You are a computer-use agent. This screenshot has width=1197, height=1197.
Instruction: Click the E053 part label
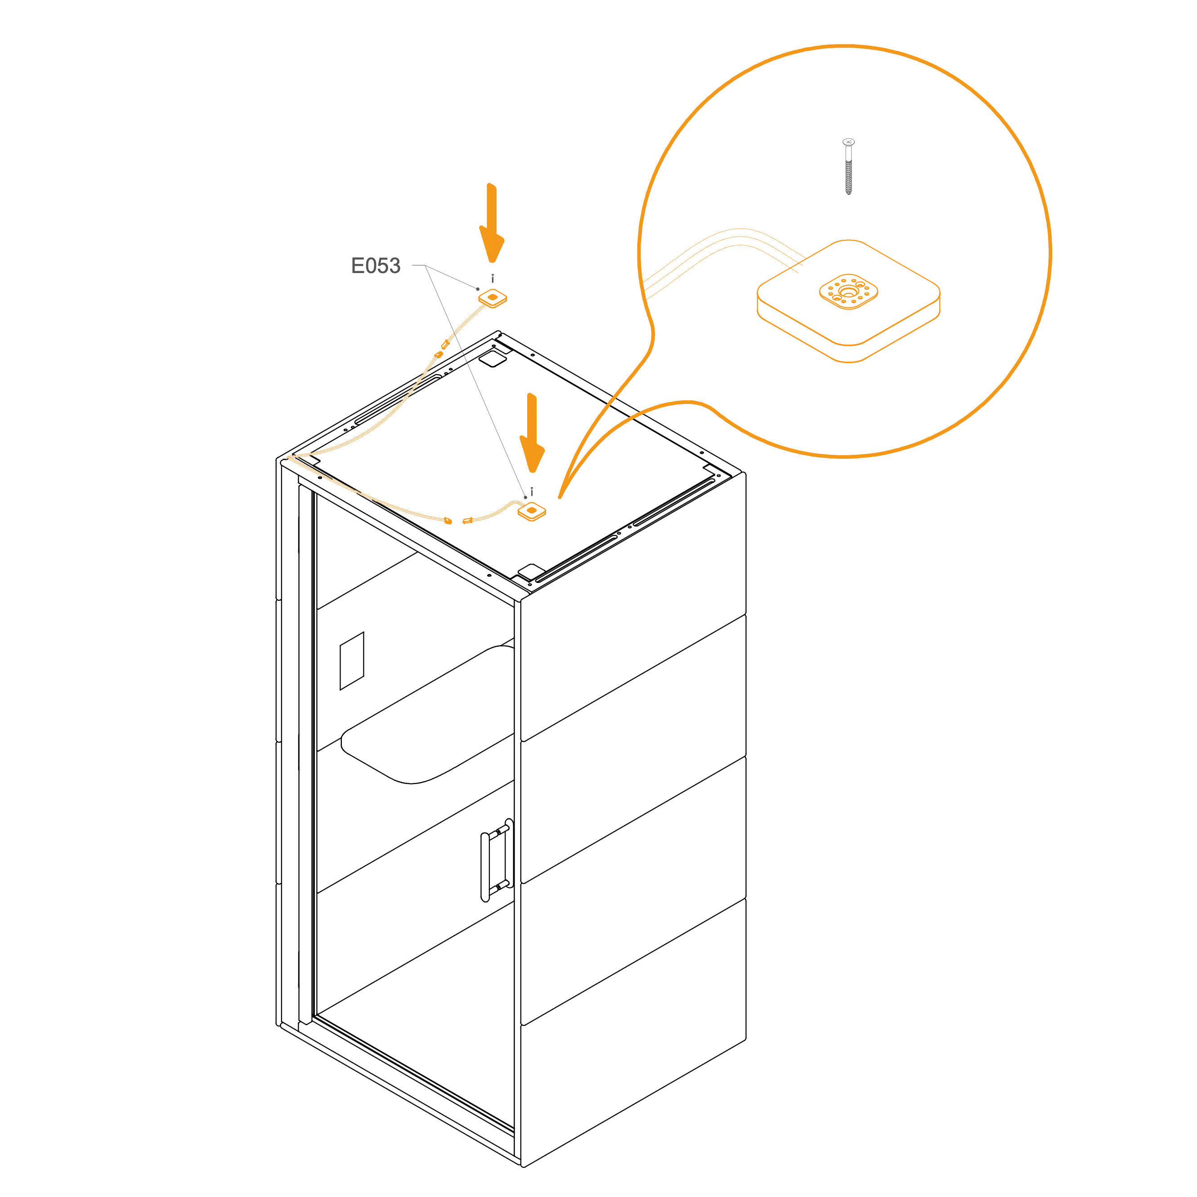[x=376, y=266]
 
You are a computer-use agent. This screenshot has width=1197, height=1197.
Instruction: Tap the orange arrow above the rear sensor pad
[x=492, y=223]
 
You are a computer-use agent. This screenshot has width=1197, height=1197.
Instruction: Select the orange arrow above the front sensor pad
[x=532, y=433]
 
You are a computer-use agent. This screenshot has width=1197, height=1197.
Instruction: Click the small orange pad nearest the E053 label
[x=493, y=298]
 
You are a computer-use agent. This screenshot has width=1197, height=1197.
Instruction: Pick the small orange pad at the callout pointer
[x=532, y=511]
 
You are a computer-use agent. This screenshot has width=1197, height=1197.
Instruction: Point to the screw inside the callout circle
[x=849, y=166]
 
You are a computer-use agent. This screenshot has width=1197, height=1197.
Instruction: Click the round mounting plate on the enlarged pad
[x=848, y=291]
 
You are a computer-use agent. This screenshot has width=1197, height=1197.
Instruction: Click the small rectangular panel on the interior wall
[x=352, y=660]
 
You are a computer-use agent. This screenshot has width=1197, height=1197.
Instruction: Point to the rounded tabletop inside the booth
[x=427, y=714]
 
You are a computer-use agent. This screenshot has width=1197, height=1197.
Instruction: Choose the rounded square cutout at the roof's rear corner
[x=493, y=358]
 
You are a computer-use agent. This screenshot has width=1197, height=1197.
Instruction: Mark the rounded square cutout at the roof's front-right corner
[x=530, y=571]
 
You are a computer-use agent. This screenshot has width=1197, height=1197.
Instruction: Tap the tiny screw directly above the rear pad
[x=493, y=279]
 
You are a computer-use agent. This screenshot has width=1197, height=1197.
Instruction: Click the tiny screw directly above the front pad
[x=532, y=491]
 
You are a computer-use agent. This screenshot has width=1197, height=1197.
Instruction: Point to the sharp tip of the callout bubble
[x=560, y=497]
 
